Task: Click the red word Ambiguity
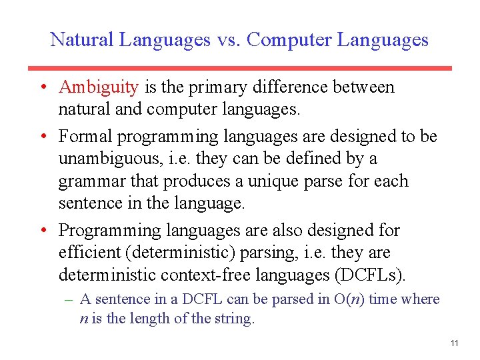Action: pos(99,87)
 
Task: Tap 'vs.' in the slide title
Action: pos(228,40)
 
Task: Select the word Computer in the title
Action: pos(289,40)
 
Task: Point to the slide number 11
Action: pos(454,343)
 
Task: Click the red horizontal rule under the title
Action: pos(240,68)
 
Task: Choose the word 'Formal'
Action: pos(85,137)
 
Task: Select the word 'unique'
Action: pos(269,181)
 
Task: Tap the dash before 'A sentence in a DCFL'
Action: pos(69,300)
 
